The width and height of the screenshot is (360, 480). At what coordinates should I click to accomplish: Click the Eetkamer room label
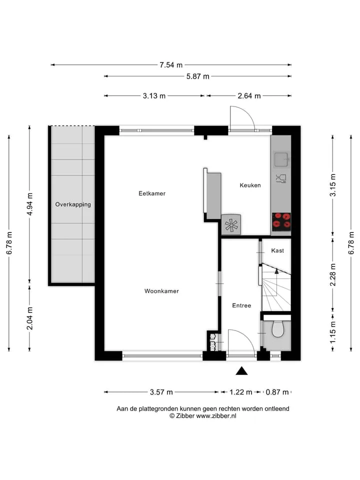tap(152, 193)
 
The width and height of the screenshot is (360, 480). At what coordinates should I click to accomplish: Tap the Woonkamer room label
tap(161, 291)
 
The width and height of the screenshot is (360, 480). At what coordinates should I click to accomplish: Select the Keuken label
tap(250, 185)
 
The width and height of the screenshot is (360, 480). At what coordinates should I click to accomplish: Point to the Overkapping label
tap(73, 204)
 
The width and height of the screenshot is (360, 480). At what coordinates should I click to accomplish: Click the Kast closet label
tap(277, 250)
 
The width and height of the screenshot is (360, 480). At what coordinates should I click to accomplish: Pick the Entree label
tap(241, 305)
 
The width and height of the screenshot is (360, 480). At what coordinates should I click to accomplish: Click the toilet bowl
tap(277, 328)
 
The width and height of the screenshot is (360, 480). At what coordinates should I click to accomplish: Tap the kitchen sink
tap(281, 159)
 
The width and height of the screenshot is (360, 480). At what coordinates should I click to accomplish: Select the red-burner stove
tap(281, 221)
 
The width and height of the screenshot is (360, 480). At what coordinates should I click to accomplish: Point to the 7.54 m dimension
tap(171, 65)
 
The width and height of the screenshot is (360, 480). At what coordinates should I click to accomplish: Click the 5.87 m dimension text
tap(198, 76)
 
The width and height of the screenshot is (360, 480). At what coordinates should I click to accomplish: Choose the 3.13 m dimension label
tap(154, 96)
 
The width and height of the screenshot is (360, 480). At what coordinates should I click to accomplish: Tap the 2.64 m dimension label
tap(249, 96)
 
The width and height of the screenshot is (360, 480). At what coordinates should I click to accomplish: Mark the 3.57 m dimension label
tap(161, 392)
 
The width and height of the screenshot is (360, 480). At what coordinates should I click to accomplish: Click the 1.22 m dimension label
tap(241, 392)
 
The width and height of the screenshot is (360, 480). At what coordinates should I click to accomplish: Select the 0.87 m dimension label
tap(277, 392)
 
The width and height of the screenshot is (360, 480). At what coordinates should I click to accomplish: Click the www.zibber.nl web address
tap(216, 415)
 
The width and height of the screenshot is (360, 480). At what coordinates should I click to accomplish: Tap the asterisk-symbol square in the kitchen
tap(231, 224)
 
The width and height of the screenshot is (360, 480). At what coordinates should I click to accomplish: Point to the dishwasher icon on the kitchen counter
tap(281, 178)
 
